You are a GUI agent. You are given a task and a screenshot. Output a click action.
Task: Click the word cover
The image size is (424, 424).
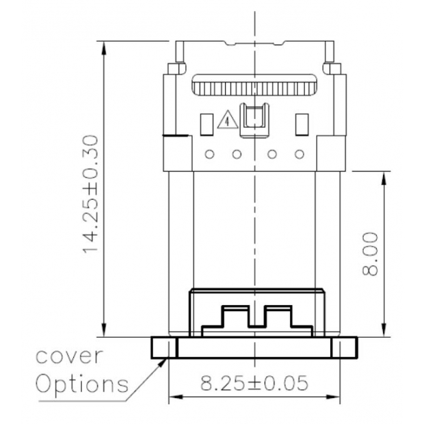tap(70, 356)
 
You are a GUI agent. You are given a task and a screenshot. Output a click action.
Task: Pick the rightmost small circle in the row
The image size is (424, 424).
tap(299, 153)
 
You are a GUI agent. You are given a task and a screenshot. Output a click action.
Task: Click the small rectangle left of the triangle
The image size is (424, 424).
tap(206, 123)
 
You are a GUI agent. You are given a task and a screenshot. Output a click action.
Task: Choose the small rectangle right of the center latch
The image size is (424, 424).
tap(300, 123)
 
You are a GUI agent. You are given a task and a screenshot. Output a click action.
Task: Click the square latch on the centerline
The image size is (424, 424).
tap(254, 117)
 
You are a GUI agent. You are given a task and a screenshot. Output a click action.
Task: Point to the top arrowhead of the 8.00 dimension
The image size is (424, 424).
tap(384, 175)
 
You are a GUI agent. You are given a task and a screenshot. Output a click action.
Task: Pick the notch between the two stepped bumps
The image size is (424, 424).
tap(255, 320)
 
